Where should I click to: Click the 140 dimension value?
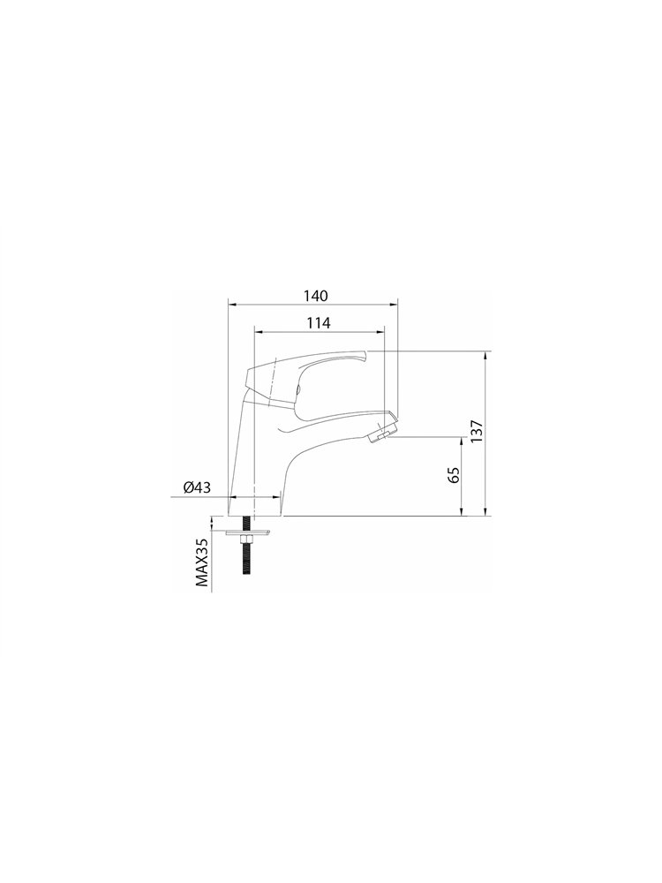pos(316,296)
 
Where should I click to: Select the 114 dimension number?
pos(319,322)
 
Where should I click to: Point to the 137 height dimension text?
pos(477,433)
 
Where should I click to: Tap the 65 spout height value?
pos(455,474)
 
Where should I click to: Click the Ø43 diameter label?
pos(197,487)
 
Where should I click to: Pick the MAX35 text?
pos(202,562)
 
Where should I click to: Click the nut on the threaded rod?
pos(246,540)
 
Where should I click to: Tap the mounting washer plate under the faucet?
pos(248,532)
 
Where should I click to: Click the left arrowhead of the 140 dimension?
pos(231,305)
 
